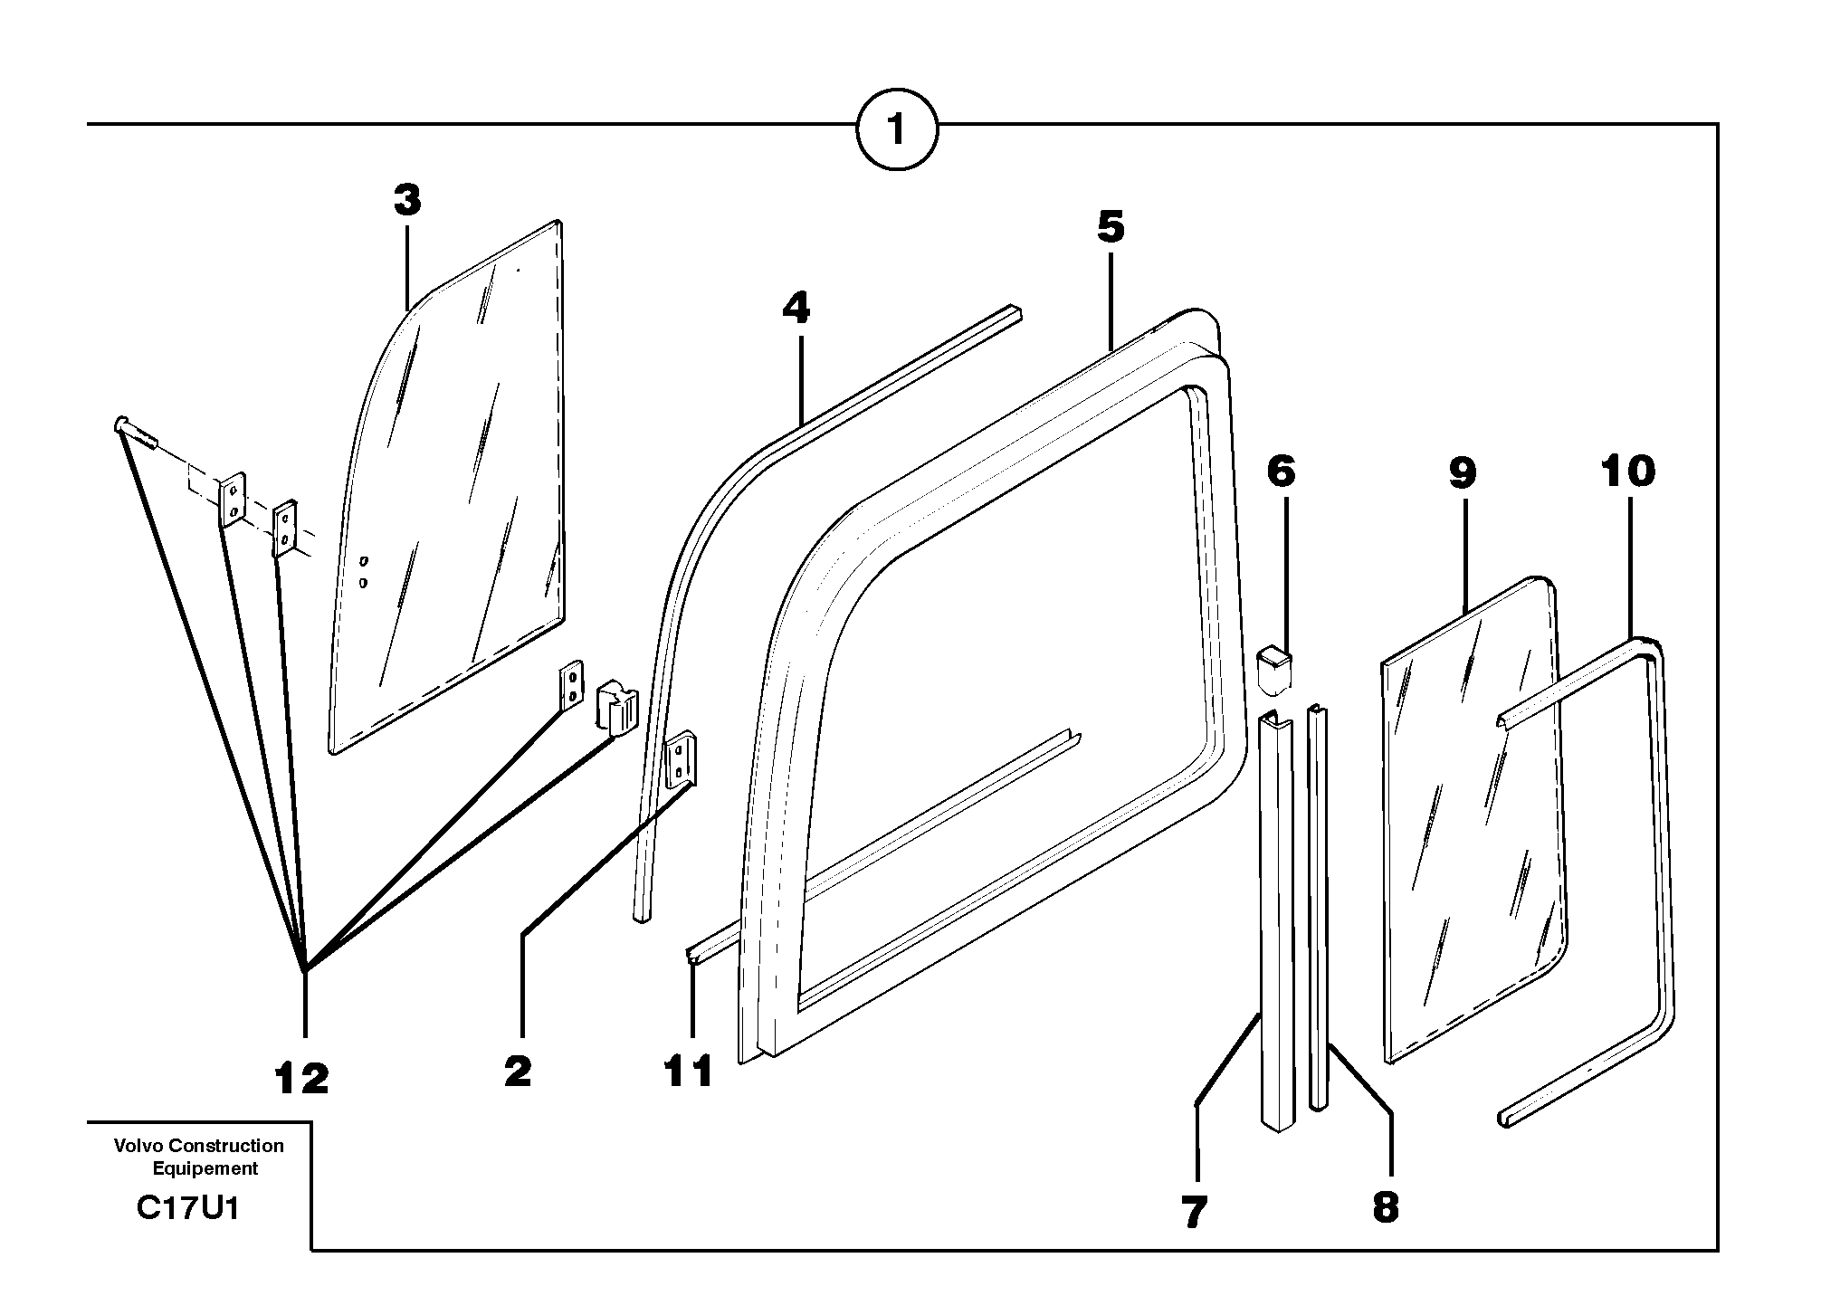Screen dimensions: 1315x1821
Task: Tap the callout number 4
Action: pyautogui.click(x=796, y=310)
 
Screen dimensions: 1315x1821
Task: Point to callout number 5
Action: pyautogui.click(x=1111, y=227)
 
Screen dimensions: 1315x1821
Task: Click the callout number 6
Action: pyautogui.click(x=1281, y=472)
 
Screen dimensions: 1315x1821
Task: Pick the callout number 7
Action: pyautogui.click(x=1194, y=1212)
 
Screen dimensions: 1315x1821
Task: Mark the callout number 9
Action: pyautogui.click(x=1462, y=472)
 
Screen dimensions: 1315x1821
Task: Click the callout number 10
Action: pyautogui.click(x=1627, y=472)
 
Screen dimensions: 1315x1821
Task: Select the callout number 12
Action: pyautogui.click(x=302, y=1079)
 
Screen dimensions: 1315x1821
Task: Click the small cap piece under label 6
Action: pyautogui.click(x=1274, y=669)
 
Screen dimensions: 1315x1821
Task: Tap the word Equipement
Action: pyautogui.click(x=205, y=1168)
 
